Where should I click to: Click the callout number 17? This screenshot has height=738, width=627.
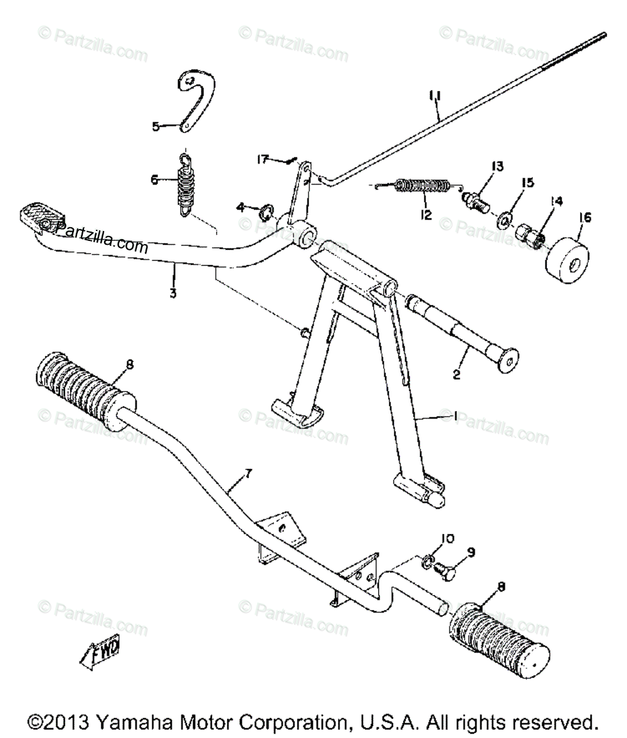tap(262, 160)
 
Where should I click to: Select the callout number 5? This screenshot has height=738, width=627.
tap(156, 127)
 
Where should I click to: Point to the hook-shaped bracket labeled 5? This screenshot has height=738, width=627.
tap(198, 94)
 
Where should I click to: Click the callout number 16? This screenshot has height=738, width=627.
tap(584, 217)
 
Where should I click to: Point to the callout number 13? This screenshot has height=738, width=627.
tap(497, 167)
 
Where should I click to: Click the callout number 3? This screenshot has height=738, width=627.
tap(173, 275)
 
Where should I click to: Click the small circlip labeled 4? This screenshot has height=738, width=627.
tap(265, 209)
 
